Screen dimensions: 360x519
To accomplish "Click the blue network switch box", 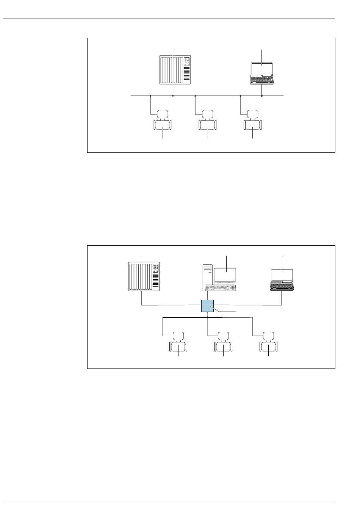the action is [208, 306].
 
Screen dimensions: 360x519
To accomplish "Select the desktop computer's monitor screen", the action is [225, 274].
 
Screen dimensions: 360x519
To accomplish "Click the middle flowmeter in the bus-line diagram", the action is [208, 121].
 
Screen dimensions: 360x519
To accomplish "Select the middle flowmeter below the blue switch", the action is [223, 343].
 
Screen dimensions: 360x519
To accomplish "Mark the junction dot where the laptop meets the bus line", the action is [262, 96].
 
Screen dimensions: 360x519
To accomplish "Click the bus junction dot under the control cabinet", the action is [173, 96].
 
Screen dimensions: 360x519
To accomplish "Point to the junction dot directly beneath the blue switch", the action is [208, 317].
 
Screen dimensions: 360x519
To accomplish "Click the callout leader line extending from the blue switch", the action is [226, 311].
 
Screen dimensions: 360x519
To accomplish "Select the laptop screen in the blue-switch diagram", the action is [282, 276].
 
